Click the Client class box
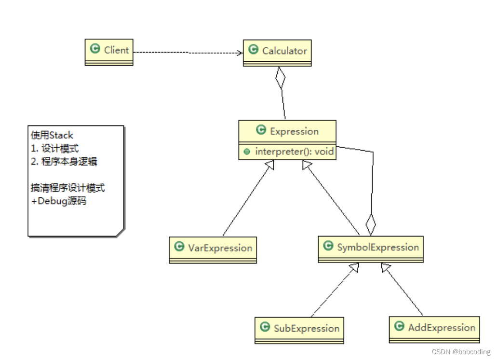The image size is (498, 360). point(109,52)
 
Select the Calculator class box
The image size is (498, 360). point(277,53)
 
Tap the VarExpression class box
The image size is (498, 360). point(213,249)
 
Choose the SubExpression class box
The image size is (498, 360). point(299,330)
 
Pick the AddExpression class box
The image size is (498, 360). point(434,329)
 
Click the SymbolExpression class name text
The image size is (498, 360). point(378,248)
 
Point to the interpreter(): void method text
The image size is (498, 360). point(294,152)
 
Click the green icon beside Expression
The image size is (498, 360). point(261,130)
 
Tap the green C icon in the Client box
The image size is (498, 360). point(95,49)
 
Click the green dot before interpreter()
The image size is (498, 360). point(247,152)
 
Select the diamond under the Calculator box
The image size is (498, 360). point(280,78)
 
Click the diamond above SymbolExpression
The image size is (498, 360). point(370,224)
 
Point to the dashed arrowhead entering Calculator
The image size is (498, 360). point(240,53)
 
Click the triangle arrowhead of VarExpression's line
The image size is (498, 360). point(269,165)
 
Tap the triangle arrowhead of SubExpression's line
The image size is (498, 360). point(354,268)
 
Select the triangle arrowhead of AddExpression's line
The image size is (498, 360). point(385,268)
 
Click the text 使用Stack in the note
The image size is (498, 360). point(53,136)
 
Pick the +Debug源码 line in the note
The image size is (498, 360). point(59,201)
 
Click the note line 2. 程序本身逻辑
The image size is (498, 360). point(64,162)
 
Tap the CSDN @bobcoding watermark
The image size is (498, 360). point(461,352)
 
